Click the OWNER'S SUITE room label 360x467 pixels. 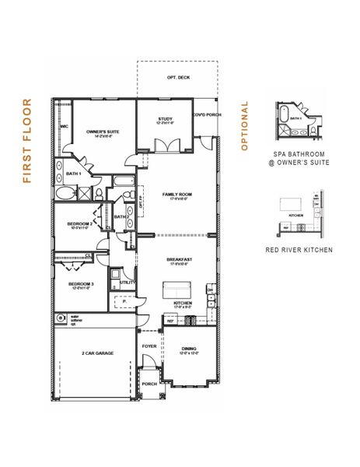pyautogui.click(x=100, y=134)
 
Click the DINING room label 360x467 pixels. pyautogui.click(x=188, y=350)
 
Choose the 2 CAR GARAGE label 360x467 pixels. pyautogui.click(x=97, y=353)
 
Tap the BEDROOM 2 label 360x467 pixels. pyautogui.click(x=81, y=225)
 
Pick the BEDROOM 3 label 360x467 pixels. pyautogui.click(x=81, y=285)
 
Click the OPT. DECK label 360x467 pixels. pyautogui.click(x=177, y=79)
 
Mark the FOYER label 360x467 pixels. pyautogui.click(x=149, y=346)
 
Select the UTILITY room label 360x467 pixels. pyautogui.click(x=127, y=283)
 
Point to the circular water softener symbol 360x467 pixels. pyautogui.click(x=60, y=318)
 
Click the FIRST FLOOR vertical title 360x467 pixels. pyautogui.click(x=26, y=140)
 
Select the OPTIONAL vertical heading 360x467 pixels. pyautogui.click(x=244, y=125)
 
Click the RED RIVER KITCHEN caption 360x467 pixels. pyautogui.click(x=299, y=250)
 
